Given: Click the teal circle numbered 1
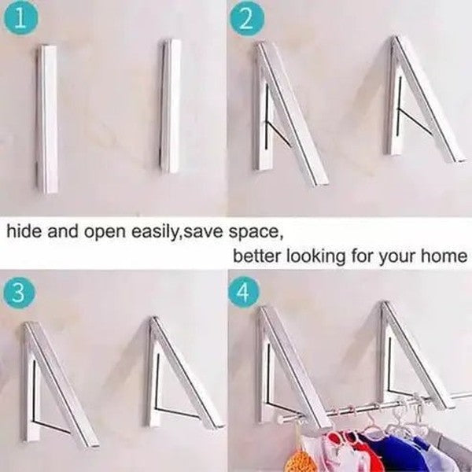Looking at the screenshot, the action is tap(20, 18).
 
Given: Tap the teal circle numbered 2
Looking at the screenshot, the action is tap(247, 19).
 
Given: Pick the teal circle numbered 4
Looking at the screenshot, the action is tap(244, 293).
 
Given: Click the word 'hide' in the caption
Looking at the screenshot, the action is tap(24, 231).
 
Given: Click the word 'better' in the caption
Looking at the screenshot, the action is tap(257, 256).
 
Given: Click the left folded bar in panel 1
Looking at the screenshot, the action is tap(47, 118).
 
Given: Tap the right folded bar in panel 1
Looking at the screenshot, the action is tap(170, 106).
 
